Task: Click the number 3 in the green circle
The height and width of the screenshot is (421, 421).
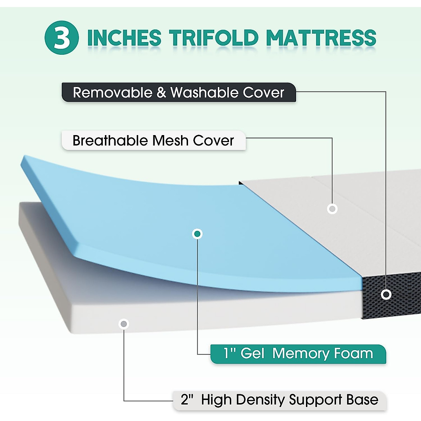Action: [x=62, y=38]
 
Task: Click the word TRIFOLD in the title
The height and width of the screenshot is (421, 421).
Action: [x=214, y=38]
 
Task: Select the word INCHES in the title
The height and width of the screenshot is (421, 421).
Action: [x=124, y=38]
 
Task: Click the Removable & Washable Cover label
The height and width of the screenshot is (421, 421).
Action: [x=179, y=93]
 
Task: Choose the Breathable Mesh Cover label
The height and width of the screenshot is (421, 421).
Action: [x=153, y=141]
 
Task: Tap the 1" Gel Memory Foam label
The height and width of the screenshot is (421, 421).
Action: [x=298, y=354]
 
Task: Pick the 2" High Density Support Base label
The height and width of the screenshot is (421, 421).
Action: [x=280, y=400]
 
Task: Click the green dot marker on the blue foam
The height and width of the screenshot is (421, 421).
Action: [x=198, y=234]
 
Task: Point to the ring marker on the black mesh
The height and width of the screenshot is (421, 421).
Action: [x=386, y=294]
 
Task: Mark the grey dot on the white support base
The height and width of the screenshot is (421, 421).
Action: [x=124, y=323]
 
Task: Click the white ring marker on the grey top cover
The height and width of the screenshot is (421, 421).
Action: [x=332, y=209]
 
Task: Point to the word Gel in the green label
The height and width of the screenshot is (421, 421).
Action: [x=252, y=354]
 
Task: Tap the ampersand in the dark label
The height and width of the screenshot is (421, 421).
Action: [x=161, y=93]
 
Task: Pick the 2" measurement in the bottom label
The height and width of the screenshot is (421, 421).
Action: [x=187, y=400]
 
